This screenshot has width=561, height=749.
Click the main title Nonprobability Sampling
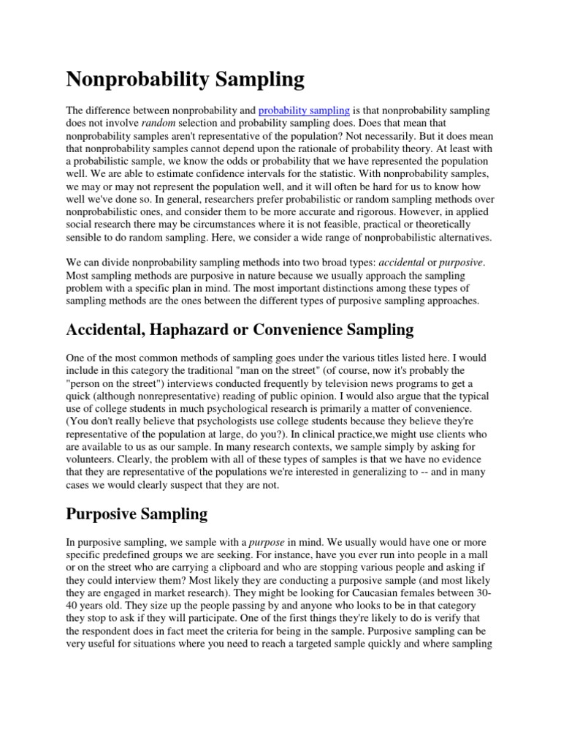[186, 78]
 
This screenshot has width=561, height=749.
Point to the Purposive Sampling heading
[137, 513]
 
